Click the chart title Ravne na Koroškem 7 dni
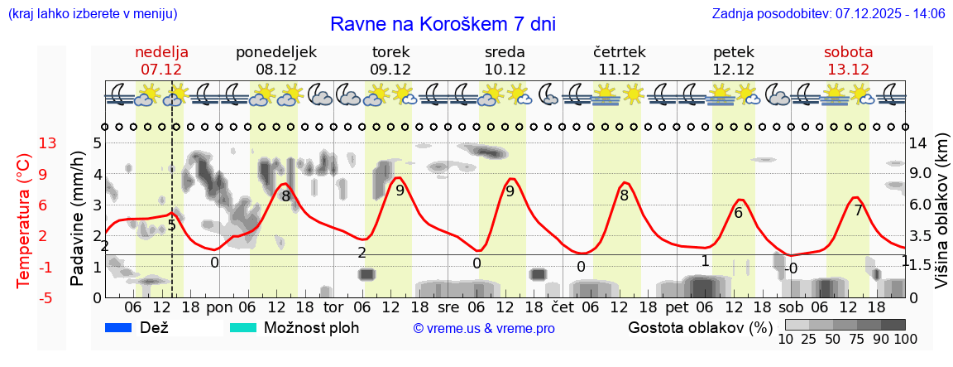(443, 23)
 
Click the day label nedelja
(161, 52)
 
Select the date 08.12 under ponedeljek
(276, 70)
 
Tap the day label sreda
(505, 52)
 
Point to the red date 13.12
(848, 70)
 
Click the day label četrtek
(619, 52)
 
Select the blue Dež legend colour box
(124, 327)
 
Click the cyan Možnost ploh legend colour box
(247, 327)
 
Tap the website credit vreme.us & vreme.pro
(484, 328)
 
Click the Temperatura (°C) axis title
(24, 220)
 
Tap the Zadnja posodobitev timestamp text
(828, 14)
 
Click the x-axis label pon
(219, 307)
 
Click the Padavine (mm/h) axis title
(78, 219)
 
